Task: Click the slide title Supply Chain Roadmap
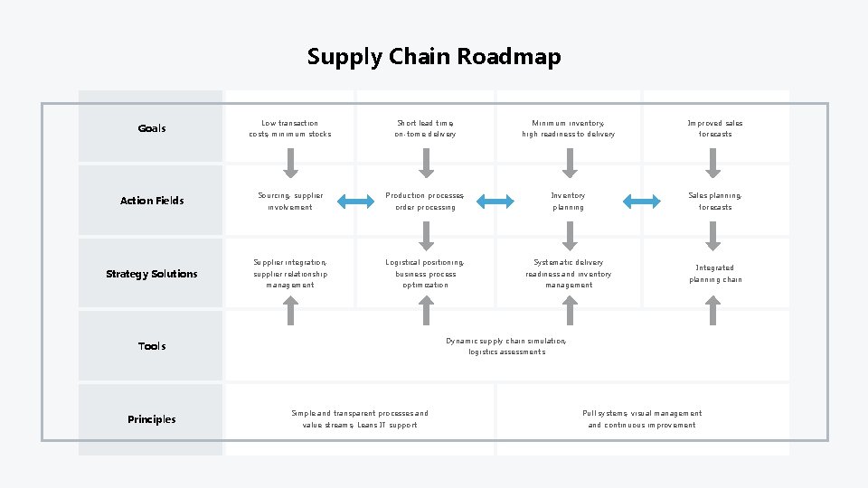434,56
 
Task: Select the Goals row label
152,128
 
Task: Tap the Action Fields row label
152,201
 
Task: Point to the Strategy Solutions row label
152,274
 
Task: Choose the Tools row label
152,346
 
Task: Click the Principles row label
152,419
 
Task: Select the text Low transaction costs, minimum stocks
290,128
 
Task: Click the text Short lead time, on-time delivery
425,128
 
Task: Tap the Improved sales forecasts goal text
714,128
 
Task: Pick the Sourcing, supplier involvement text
290,201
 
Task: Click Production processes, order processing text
425,201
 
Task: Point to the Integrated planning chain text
714,274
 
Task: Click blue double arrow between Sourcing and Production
357,201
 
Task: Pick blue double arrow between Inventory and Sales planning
642,201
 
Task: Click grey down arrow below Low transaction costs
290,163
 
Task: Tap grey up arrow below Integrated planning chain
713,310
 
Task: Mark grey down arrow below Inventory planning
569,235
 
